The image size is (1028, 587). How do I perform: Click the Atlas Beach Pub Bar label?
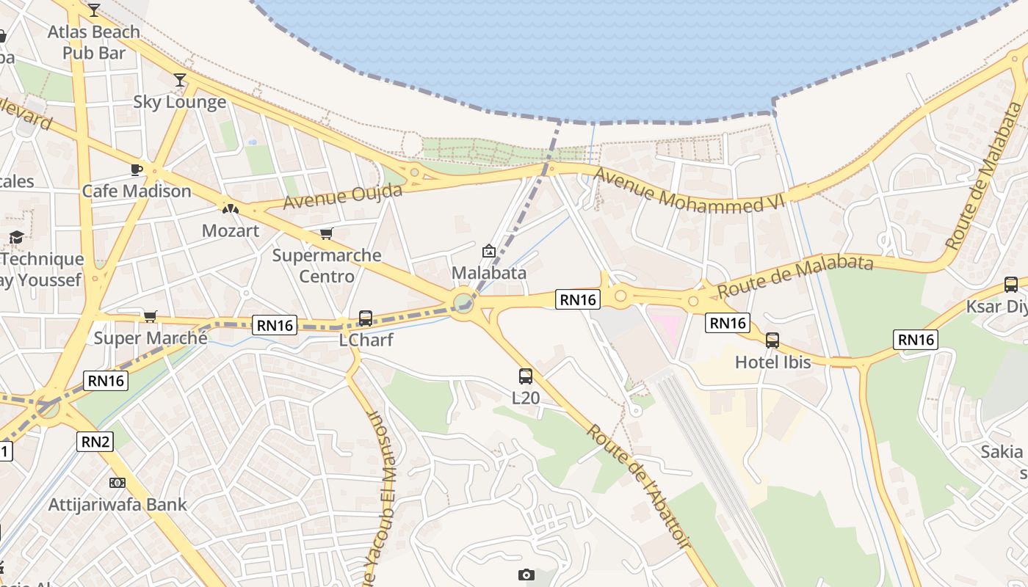[94, 43]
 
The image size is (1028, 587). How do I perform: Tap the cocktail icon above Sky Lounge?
[180, 80]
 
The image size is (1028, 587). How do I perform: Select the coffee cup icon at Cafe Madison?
[136, 169]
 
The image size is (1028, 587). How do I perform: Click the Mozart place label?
[231, 230]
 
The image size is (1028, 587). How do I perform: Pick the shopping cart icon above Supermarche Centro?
[327, 234]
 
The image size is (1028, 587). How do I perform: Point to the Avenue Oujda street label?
[343, 197]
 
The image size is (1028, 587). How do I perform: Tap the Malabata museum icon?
[488, 252]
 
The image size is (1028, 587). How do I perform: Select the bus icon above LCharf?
[366, 318]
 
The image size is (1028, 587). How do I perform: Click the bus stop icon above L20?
[526, 376]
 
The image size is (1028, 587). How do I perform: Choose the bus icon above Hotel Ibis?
[772, 340]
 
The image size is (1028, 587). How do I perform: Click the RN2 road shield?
[95, 442]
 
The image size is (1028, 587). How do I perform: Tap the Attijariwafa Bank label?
[117, 505]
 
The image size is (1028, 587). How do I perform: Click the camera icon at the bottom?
[526, 575]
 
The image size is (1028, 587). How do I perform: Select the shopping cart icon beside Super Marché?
[151, 316]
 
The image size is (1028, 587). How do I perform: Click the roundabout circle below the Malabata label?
[463, 302]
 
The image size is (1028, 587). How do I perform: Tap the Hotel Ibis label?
[772, 362]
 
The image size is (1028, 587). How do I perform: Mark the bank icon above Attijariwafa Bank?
[117, 483]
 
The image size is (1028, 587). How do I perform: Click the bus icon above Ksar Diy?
[1011, 285]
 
